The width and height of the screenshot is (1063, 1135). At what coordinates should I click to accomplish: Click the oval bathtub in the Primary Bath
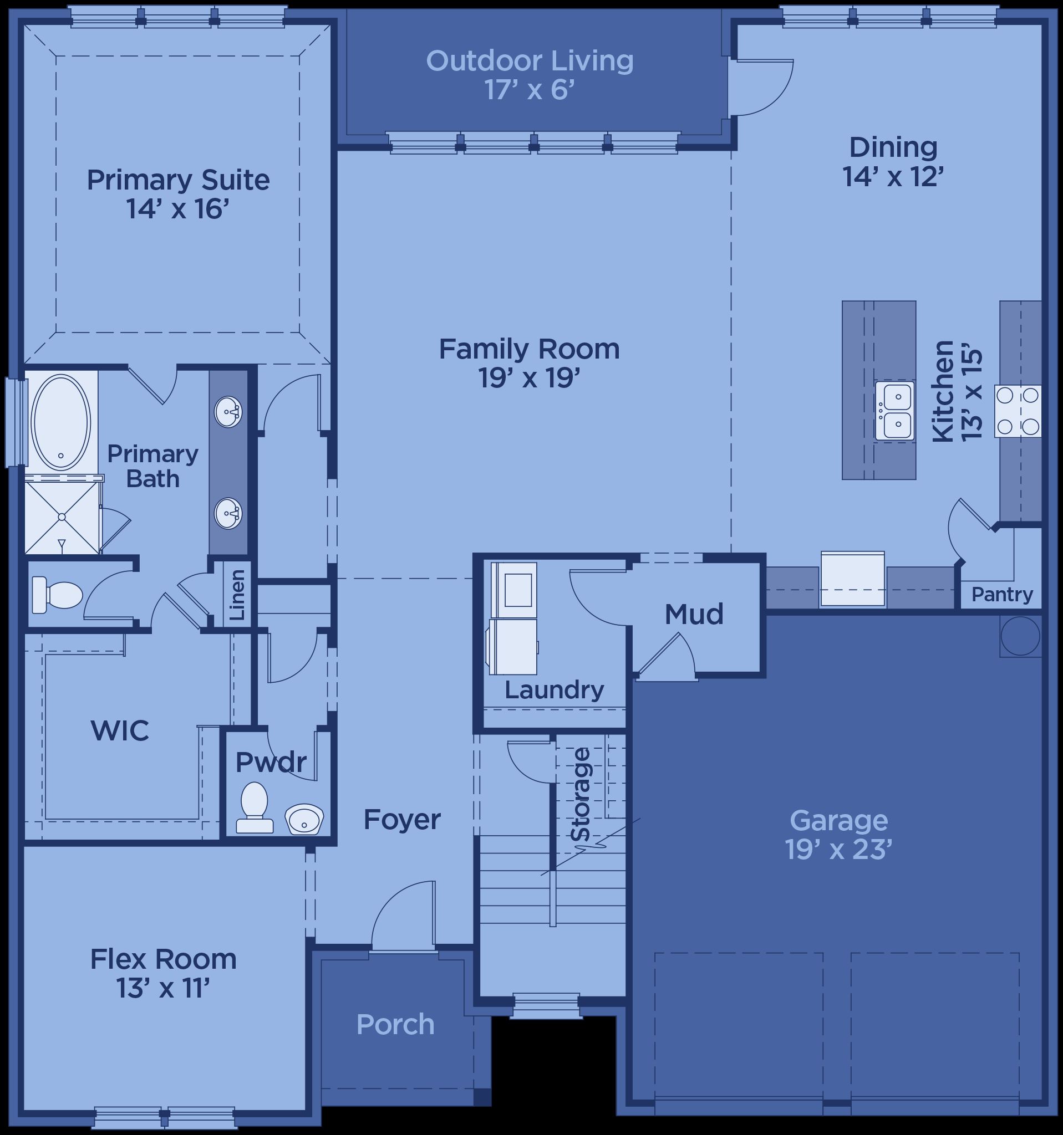click(60, 422)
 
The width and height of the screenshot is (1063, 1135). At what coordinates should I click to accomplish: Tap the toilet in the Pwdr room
click(255, 807)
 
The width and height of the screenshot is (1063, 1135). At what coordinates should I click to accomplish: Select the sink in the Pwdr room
click(304, 819)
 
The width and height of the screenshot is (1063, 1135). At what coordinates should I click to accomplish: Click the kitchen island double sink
click(894, 411)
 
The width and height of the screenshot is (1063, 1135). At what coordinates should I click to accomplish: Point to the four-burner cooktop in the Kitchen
click(1018, 411)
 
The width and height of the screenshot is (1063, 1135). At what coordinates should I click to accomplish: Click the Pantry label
click(1003, 594)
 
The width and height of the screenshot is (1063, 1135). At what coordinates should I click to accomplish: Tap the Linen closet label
click(237, 595)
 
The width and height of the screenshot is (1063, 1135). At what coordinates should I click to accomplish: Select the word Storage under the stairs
click(581, 794)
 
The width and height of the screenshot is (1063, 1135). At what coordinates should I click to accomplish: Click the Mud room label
click(694, 613)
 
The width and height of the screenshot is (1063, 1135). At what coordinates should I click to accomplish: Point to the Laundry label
click(554, 690)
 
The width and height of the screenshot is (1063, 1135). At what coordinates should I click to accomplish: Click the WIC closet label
click(120, 730)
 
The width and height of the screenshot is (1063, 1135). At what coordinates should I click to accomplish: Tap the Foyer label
click(402, 820)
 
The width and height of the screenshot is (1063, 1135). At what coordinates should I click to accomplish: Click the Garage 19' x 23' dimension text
click(838, 850)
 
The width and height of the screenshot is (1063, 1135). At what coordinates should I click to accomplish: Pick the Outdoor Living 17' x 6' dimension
click(530, 90)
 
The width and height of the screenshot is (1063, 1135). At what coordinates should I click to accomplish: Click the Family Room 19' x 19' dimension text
click(530, 378)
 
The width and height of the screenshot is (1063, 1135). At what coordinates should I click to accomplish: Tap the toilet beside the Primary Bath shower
click(57, 594)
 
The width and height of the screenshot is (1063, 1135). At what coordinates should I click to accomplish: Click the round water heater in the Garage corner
click(1021, 636)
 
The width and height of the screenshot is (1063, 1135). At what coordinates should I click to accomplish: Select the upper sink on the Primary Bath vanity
click(228, 411)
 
